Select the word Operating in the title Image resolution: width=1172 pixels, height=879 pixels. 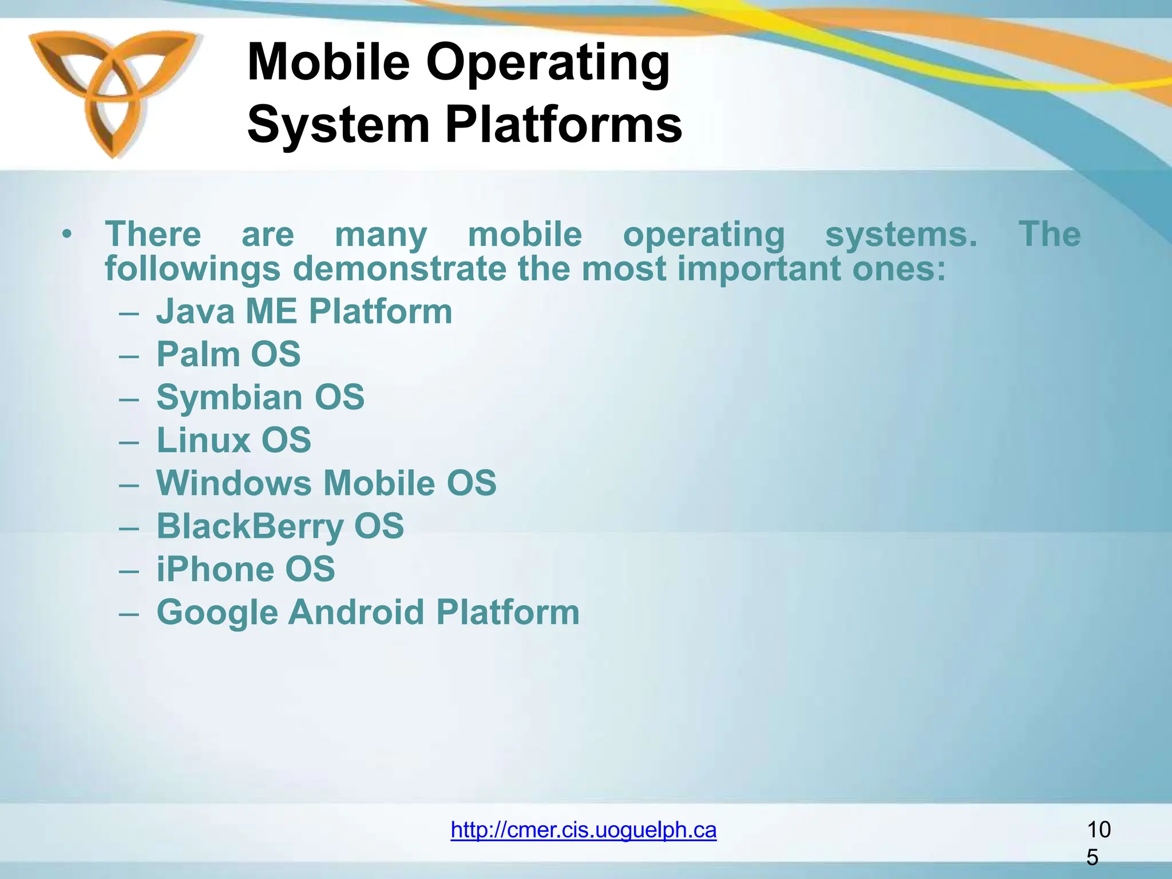click(548, 63)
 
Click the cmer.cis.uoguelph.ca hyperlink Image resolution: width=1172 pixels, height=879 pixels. click(583, 830)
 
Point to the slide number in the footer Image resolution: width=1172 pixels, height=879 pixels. click(1098, 842)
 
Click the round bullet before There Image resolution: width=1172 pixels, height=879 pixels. click(68, 235)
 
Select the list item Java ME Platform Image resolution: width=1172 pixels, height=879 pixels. click(304, 312)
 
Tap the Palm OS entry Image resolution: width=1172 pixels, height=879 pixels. click(228, 354)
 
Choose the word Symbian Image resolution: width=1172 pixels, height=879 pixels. click(229, 398)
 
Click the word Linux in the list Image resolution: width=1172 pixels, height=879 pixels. click(204, 440)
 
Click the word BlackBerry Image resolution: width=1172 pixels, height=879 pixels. click(250, 526)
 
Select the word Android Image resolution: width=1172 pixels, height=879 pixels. click(356, 612)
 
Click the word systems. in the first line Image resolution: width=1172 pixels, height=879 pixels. click(901, 235)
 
